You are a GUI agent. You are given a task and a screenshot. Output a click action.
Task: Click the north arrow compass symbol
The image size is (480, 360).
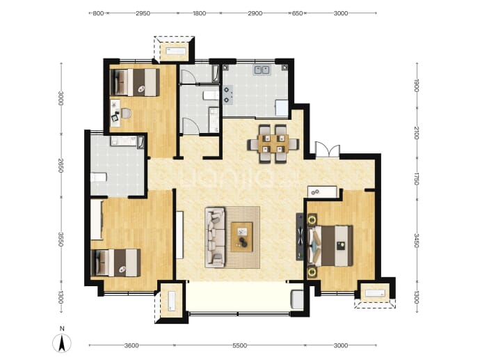click(x=62, y=343)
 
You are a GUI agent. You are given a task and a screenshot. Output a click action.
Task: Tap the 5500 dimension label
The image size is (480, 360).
click(x=239, y=345)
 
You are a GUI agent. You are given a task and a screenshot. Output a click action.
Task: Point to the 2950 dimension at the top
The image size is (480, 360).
click(x=143, y=13)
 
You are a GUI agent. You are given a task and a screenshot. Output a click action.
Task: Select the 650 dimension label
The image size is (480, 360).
click(x=297, y=13)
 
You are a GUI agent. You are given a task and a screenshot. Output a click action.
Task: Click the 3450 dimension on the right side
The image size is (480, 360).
click(x=416, y=240)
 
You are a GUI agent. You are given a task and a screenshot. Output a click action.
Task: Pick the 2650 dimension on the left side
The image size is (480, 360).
click(x=61, y=166)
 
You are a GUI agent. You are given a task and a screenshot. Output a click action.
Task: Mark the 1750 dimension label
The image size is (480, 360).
click(x=416, y=179)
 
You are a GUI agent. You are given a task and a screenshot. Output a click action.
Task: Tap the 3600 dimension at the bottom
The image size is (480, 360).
click(x=131, y=345)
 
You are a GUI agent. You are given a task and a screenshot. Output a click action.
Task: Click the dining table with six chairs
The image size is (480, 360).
click(x=273, y=143)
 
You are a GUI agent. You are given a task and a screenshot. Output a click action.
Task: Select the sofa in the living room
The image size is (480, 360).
click(x=214, y=236)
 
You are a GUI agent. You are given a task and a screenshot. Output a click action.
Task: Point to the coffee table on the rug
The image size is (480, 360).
click(x=242, y=237)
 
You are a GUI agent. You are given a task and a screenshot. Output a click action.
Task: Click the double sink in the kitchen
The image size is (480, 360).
click(x=261, y=70)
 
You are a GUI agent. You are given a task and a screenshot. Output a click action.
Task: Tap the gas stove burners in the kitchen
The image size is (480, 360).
click(x=227, y=95)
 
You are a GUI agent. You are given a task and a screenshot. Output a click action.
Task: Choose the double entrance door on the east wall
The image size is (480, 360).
click(x=328, y=150)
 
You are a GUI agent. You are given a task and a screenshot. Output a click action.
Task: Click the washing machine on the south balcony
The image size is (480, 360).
click(x=297, y=299)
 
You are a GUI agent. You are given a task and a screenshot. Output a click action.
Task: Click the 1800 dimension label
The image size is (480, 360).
click(x=199, y=13)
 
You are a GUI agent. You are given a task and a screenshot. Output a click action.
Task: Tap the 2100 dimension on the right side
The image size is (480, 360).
click(x=416, y=133)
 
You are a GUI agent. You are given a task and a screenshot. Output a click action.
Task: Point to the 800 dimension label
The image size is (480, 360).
click(x=98, y=13)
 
